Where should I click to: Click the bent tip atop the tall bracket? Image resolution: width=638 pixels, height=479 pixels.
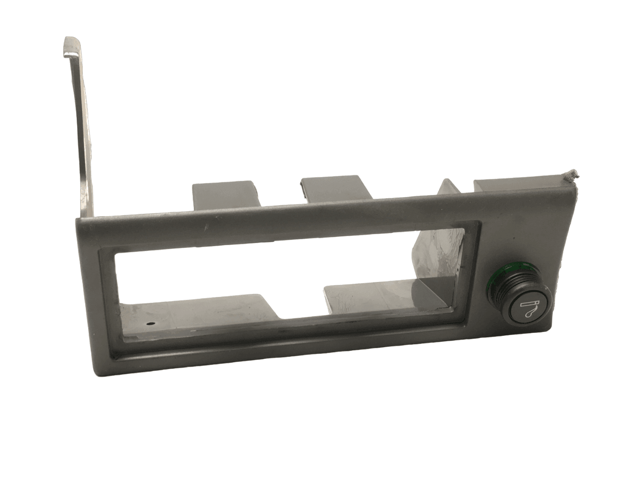coord(71,45)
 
